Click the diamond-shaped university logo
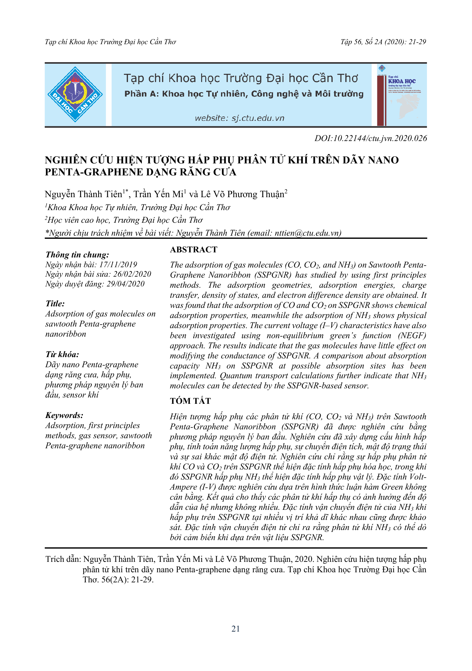coord(75,94)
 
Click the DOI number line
coord(370,138)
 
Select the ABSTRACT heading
coord(194,250)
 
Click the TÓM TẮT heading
coord(190,401)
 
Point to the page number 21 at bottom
coord(236,629)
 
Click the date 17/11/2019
coord(118,265)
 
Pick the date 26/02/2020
coord(132,274)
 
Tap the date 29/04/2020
coord(125,284)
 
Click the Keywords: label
coord(64,415)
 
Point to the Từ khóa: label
coord(62,355)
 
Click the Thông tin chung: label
coord(77,255)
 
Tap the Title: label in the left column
coord(55,303)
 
